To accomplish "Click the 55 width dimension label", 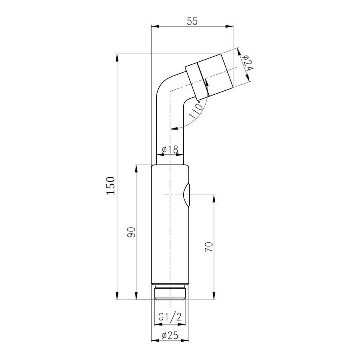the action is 192,21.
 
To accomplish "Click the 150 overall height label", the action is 111,186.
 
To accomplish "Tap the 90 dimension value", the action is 131,232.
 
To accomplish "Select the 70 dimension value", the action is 209,247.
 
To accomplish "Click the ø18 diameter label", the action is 170,150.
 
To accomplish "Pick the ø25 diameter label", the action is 170,336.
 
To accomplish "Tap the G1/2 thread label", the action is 170,317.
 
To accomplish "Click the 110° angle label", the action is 196,110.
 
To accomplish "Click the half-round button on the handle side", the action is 186,195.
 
